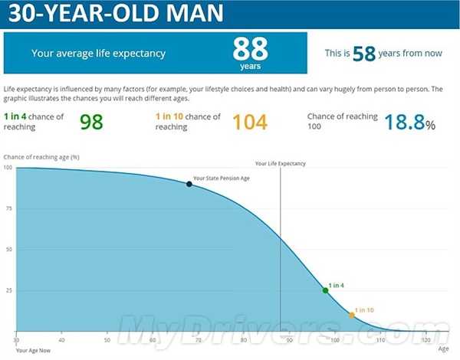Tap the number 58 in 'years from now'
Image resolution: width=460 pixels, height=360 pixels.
[365, 54]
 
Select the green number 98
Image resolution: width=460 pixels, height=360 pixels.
[91, 122]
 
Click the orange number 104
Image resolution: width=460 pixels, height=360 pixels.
[250, 122]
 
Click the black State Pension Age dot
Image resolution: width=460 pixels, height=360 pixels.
[189, 184]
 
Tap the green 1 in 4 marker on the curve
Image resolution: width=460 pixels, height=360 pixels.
[325, 290]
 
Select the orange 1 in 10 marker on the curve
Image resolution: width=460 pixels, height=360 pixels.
[352, 315]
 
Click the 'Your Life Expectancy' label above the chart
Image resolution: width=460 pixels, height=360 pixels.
[280, 163]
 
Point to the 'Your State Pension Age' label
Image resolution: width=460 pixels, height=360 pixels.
[222, 178]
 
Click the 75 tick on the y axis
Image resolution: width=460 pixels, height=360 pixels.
[8, 208]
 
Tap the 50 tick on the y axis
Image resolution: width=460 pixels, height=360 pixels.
[8, 250]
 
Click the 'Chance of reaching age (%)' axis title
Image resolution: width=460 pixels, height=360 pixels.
[41, 156]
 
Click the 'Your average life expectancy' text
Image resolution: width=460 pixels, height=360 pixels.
[98, 54]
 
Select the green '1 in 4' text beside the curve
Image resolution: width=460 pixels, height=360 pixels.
[337, 286]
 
